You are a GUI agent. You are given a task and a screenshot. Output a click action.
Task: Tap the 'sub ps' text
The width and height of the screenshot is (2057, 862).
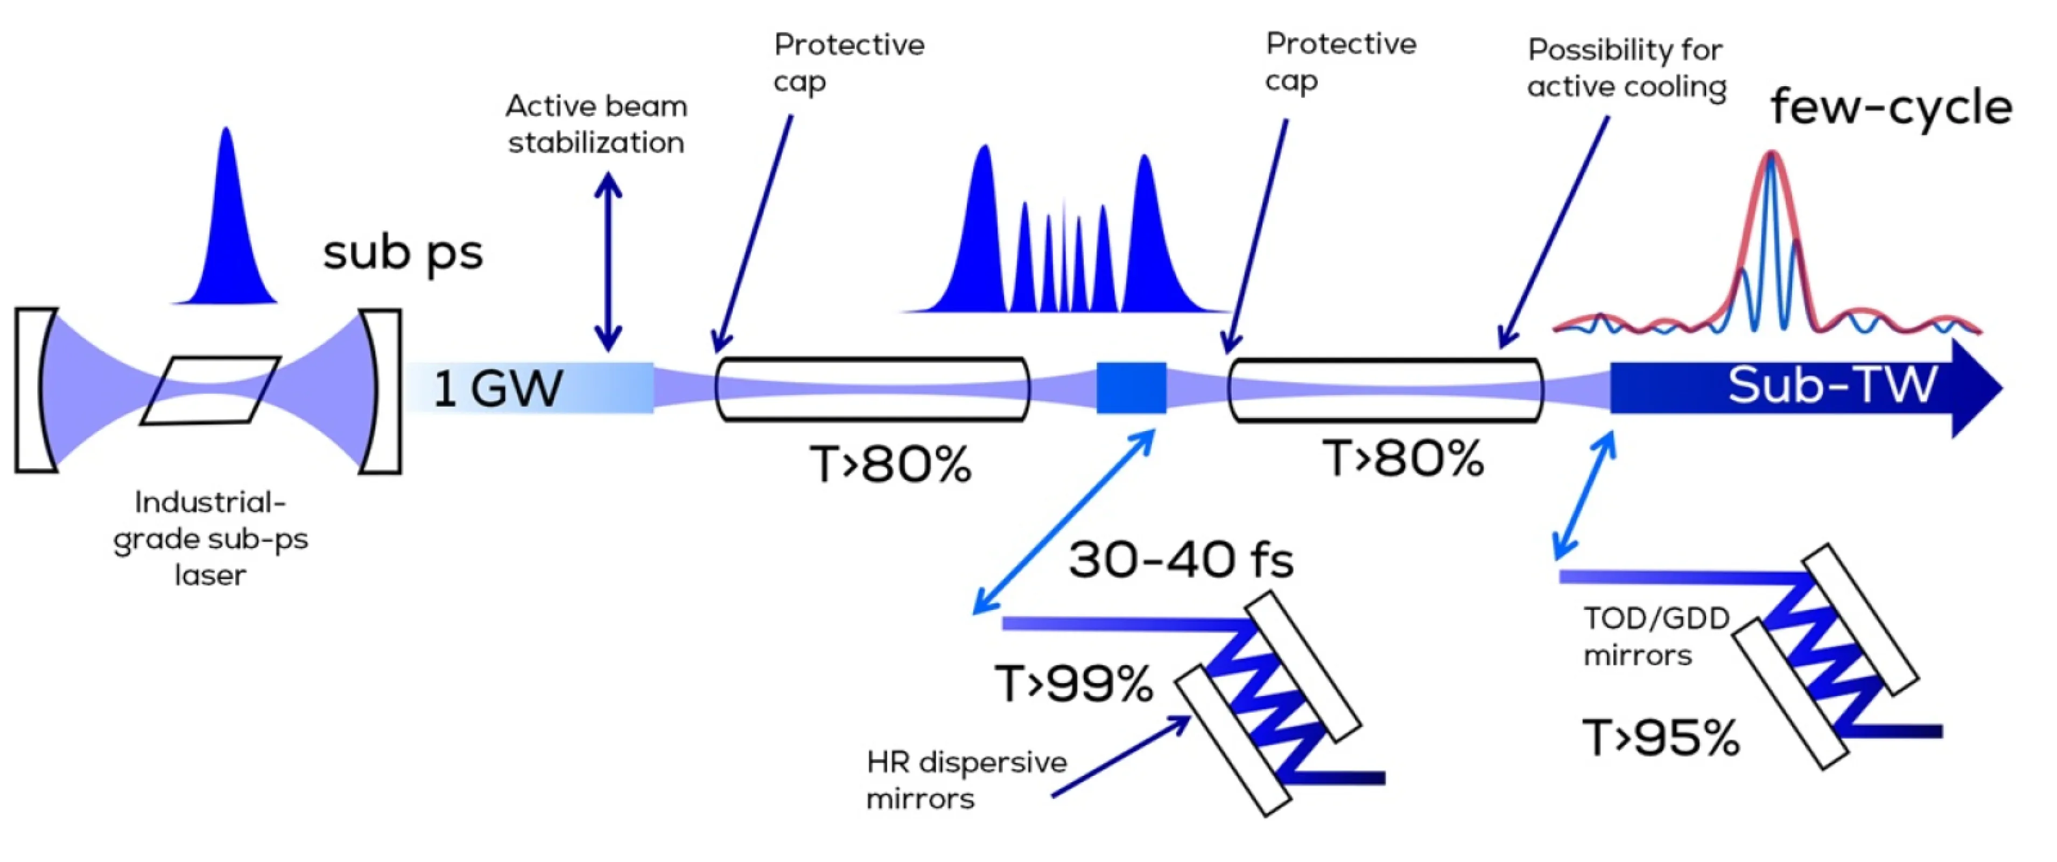click(x=403, y=253)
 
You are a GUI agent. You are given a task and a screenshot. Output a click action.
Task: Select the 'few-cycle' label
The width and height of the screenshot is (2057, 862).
click(x=1890, y=108)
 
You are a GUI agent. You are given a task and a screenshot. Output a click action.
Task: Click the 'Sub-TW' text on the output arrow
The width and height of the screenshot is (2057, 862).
click(x=1832, y=386)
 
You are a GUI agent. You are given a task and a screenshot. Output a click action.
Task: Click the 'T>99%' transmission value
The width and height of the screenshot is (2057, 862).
click(x=1073, y=684)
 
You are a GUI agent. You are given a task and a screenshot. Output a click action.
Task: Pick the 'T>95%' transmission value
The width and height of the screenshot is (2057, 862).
click(x=1660, y=738)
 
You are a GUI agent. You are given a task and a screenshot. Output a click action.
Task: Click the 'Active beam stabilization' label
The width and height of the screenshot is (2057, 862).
click(x=596, y=124)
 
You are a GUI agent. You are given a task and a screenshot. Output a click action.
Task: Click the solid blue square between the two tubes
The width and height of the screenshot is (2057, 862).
click(x=1131, y=388)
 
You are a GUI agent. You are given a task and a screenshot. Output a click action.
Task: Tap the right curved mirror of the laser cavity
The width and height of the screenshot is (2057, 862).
click(x=381, y=392)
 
